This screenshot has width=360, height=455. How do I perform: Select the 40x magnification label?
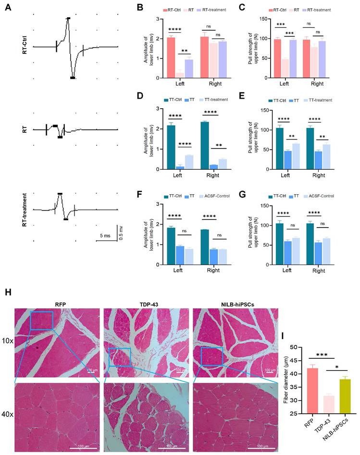pyautogui.click(x=7, y=413)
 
